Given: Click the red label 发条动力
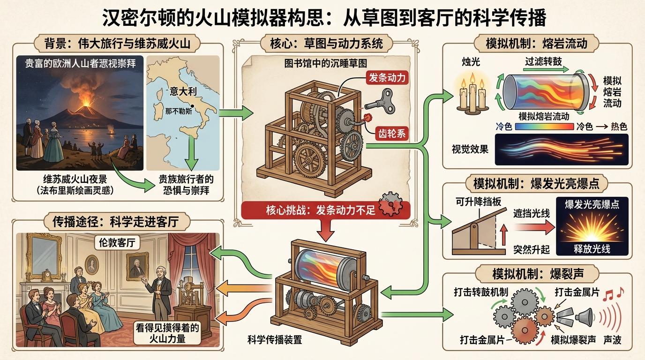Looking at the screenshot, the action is tap(387, 77).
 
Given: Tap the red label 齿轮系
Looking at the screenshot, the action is tap(392, 133).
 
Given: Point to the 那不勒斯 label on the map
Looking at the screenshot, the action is tap(179, 111).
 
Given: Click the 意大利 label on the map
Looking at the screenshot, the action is tap(183, 91).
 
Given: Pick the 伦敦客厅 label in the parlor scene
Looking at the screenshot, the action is tap(117, 242).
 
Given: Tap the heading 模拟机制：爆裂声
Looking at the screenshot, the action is tap(538, 274).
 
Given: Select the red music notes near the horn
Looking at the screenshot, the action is tap(613, 293).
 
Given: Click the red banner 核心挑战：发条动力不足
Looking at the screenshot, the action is tap(321, 210).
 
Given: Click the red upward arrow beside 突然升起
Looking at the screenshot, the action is tap(503, 235).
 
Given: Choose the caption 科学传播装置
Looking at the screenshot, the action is tap(275, 340).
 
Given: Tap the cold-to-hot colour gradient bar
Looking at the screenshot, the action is tap(544, 127).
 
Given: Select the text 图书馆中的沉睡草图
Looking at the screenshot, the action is tap(326, 63).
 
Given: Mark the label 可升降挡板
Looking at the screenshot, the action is tap(478, 202).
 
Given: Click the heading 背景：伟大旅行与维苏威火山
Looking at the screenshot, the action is tap(117, 44).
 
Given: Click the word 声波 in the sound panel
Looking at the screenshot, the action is tap(612, 340).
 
